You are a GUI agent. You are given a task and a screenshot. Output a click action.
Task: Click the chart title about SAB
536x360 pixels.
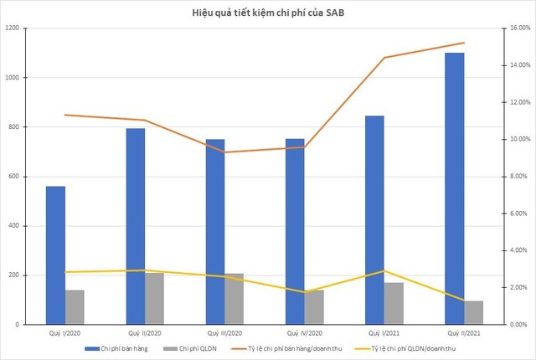(x=268, y=13)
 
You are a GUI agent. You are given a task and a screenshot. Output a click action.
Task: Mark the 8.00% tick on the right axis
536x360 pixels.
(x=520, y=177)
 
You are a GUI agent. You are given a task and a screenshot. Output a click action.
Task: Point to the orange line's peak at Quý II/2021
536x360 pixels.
(x=465, y=43)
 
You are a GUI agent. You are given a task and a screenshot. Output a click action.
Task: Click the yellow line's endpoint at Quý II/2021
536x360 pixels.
(x=465, y=301)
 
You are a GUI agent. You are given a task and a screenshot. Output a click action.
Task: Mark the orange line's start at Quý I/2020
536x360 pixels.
(x=65, y=115)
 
